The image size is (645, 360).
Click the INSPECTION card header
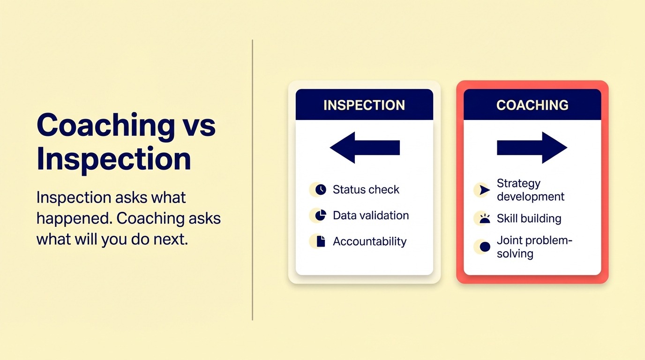click(364, 105)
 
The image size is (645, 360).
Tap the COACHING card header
click(532, 105)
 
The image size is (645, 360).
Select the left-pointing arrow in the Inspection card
click(364, 148)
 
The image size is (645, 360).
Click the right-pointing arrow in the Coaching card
click(532, 148)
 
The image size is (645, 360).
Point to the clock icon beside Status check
click(321, 190)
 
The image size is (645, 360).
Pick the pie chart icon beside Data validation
click(321, 216)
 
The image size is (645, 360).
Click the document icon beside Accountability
click(321, 241)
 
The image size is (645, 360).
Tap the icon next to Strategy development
click(485, 190)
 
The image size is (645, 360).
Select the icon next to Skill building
click(485, 218)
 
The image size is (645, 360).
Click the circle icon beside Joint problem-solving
click(485, 247)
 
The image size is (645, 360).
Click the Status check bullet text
click(366, 190)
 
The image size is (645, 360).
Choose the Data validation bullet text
click(371, 216)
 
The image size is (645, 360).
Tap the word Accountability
click(369, 242)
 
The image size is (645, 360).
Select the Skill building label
click(529, 219)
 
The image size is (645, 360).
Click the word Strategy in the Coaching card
click(518, 183)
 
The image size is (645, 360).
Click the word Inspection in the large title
click(114, 159)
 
